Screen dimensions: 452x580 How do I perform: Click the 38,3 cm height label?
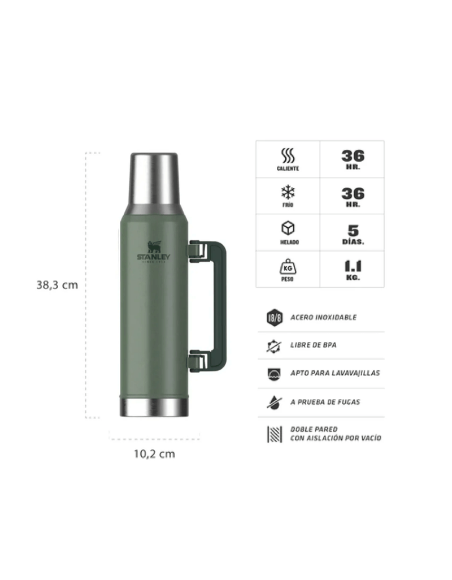(57, 285)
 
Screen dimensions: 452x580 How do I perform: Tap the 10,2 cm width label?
(154, 454)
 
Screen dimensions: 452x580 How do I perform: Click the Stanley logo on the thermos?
(154, 252)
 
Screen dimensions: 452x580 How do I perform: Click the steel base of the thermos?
(154, 407)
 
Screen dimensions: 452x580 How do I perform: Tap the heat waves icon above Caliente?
(288, 155)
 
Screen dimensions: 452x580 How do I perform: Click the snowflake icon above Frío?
(288, 192)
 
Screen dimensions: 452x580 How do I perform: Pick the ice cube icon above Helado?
(288, 228)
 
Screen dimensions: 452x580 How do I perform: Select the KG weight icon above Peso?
(288, 266)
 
